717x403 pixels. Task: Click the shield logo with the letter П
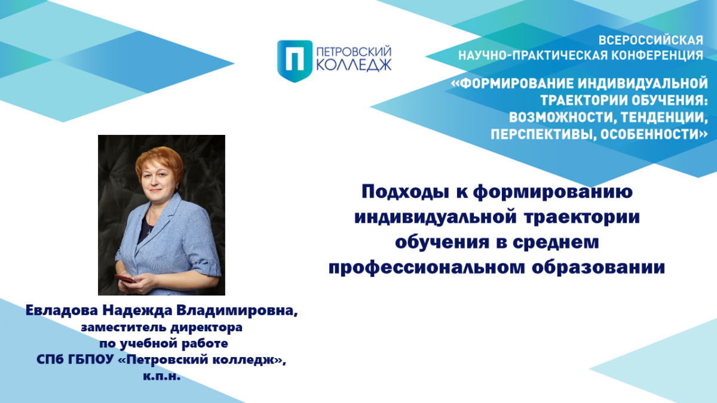(295, 61)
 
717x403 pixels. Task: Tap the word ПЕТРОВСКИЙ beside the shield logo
(354, 52)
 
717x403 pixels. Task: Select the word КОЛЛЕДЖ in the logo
(354, 65)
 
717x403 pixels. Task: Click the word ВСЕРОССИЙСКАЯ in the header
(651, 41)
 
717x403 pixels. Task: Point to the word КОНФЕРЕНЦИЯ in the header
(657, 56)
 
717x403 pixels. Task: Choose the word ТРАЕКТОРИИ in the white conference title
(584, 100)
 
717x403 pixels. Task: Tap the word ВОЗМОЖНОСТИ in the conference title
(561, 118)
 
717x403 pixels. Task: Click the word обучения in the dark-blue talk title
(442, 242)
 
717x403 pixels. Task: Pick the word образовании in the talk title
(599, 267)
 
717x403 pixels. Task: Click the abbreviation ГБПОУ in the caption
(91, 360)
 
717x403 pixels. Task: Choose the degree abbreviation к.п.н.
(162, 377)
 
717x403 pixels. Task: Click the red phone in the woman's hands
(125, 278)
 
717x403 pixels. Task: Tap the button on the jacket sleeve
(212, 263)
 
